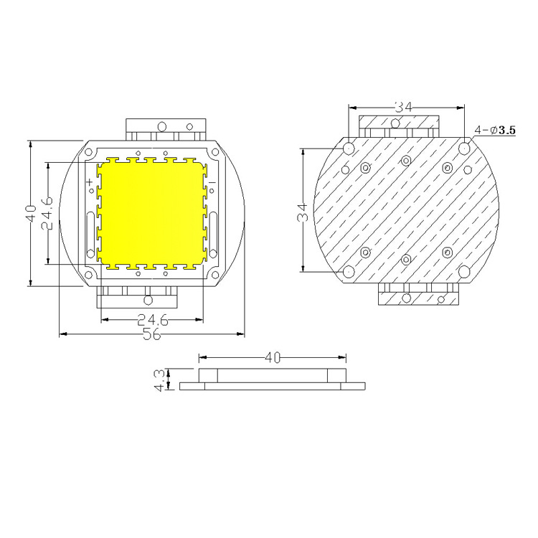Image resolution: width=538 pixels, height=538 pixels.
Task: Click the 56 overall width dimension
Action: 151,334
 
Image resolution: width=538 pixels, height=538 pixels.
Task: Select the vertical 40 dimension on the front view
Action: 30,214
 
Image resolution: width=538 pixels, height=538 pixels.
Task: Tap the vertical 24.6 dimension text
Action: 47,214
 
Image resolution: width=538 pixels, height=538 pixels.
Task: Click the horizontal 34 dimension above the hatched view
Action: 403,107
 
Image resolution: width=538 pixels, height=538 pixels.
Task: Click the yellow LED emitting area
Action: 152,214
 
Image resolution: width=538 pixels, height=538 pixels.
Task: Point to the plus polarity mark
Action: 90,183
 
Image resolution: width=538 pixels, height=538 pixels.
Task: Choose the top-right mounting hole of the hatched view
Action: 464,148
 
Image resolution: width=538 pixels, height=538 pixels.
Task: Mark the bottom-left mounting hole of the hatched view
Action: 349,272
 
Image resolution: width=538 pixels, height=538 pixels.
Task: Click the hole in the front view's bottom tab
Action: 148,299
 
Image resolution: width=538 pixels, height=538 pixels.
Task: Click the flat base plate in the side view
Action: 273,386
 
